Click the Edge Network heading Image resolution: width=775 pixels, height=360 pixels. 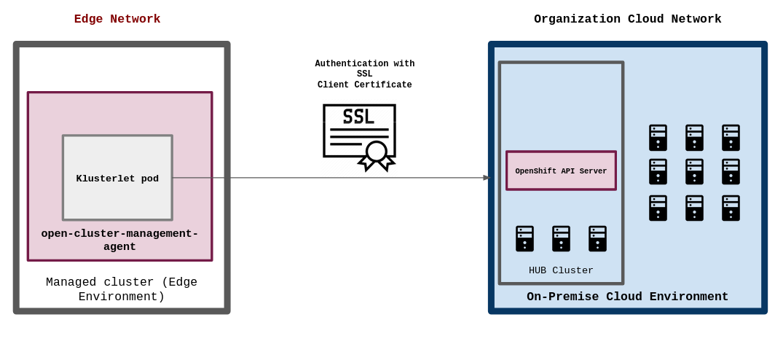(x=117, y=19)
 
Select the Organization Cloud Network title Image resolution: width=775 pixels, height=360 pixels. (x=627, y=19)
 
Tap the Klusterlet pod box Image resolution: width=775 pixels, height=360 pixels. (x=117, y=178)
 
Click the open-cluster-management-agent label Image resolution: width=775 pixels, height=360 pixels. (x=119, y=240)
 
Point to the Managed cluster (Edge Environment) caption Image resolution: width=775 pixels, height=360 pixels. (x=122, y=289)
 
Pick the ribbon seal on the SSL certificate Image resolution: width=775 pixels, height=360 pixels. (x=377, y=154)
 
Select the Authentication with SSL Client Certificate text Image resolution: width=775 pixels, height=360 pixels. (x=364, y=74)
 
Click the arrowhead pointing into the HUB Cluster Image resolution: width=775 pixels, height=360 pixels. (x=487, y=178)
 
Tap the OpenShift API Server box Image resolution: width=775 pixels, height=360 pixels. (x=561, y=171)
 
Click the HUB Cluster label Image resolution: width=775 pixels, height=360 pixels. (x=561, y=270)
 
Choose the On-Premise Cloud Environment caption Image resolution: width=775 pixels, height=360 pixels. (x=627, y=297)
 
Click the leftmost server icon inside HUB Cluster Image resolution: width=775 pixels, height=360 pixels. (x=524, y=238)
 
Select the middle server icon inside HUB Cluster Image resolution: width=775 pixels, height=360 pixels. (x=561, y=238)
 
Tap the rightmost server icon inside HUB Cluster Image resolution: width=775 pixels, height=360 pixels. (x=597, y=238)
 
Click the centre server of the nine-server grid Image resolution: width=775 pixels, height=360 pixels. (x=694, y=172)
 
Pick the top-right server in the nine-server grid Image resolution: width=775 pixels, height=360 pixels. (x=731, y=137)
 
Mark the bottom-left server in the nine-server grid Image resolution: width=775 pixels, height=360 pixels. (x=658, y=208)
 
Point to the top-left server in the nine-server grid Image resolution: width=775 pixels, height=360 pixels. (x=658, y=137)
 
